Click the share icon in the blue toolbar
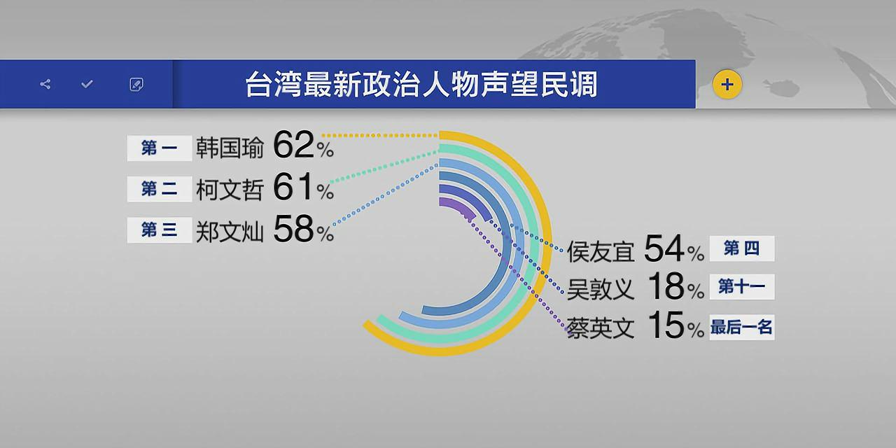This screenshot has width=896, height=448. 45,85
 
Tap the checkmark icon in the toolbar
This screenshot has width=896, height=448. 87,85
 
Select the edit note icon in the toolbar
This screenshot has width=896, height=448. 136,85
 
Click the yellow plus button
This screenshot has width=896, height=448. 727,85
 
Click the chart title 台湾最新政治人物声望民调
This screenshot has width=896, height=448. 421,85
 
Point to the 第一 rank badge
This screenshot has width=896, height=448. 159,148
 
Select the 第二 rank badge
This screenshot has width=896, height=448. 159,189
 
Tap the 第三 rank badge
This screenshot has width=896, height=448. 159,230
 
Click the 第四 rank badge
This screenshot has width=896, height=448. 741,248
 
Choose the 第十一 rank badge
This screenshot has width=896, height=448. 741,286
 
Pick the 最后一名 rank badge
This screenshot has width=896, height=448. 741,327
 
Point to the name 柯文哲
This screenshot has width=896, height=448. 230,190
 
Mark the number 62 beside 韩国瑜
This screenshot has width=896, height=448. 294,146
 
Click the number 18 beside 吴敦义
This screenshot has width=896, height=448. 665,287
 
